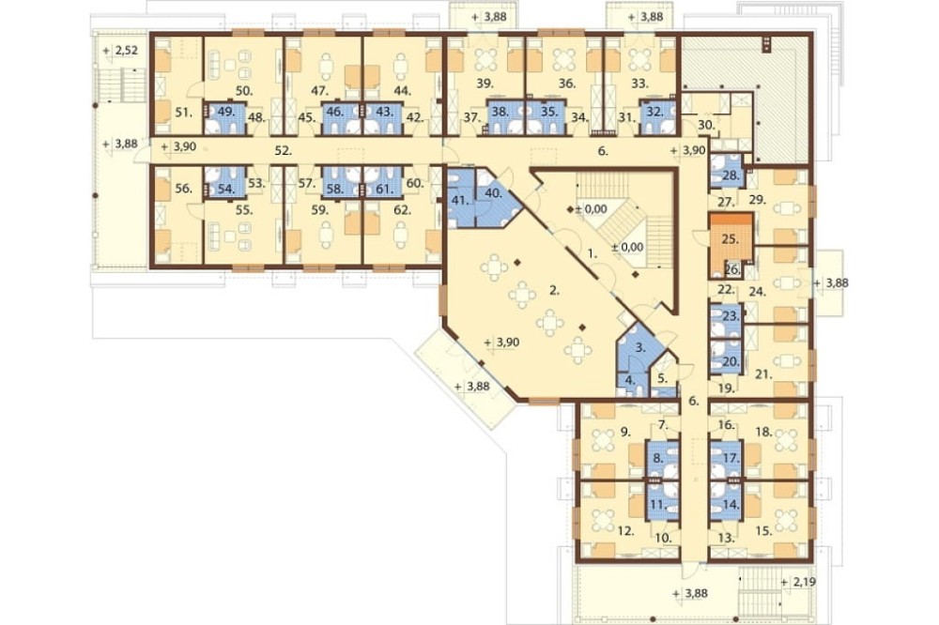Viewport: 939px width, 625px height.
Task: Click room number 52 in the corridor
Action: pyautogui.click(x=284, y=151)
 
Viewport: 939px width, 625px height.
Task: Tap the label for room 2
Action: pyautogui.click(x=555, y=292)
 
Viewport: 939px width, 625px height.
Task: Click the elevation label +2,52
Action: pyautogui.click(x=120, y=51)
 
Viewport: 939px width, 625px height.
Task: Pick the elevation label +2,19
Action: pyautogui.click(x=798, y=582)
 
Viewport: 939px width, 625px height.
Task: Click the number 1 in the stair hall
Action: pyautogui.click(x=592, y=253)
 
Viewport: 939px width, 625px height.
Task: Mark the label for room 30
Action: pyautogui.click(x=707, y=125)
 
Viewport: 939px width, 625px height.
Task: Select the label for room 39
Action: pyautogui.click(x=485, y=84)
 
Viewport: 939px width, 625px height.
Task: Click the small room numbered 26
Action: pyautogui.click(x=732, y=270)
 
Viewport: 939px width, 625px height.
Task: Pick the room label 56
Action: pyautogui.click(x=184, y=189)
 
